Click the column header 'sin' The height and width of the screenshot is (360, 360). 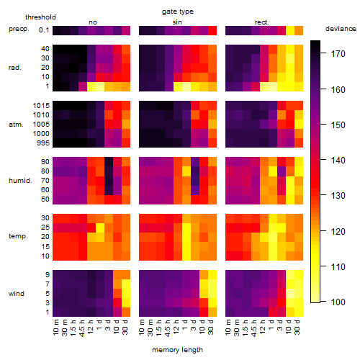click(177, 22)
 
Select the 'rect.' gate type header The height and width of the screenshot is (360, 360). click(262, 22)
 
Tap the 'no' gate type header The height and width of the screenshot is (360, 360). click(93, 22)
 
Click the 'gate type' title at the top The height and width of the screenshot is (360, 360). click(178, 12)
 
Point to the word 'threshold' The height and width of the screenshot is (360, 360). click(40, 17)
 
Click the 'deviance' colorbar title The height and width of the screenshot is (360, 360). click(341, 29)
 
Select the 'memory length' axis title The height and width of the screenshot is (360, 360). click(178, 350)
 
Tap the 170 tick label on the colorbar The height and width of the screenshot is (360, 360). click(338, 54)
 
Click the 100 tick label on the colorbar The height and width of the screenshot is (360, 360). click(338, 302)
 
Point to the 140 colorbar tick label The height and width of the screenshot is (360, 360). click(338, 160)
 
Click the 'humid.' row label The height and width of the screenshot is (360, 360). click(20, 180)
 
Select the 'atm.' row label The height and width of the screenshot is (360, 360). click(16, 125)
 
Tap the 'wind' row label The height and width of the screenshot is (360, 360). click(17, 294)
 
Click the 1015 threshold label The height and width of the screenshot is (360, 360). click(41, 105)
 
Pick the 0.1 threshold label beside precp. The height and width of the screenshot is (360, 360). click(44, 30)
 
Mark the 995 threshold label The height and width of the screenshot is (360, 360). click(43, 143)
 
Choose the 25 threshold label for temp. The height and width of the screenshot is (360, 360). click(45, 228)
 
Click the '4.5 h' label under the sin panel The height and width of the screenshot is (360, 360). click(168, 328)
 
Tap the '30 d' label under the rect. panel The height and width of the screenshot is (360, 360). click(297, 328)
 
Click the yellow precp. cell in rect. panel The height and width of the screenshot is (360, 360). click(290, 30)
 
